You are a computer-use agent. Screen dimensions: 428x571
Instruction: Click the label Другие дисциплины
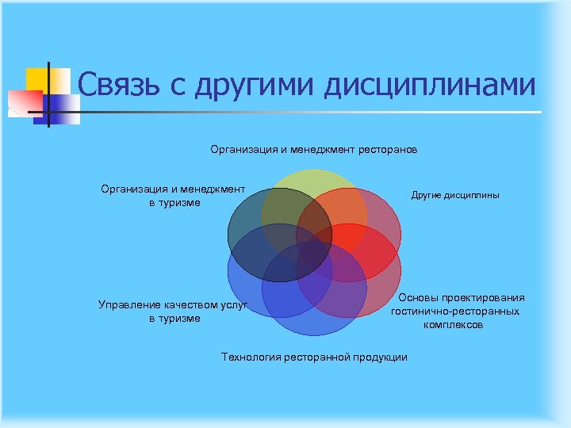coord(455,195)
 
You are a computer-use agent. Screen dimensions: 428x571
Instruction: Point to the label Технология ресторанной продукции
coord(314,357)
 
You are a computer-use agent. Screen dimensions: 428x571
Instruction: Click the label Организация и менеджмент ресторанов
coord(313,149)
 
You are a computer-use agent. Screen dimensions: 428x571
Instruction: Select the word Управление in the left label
coord(130,304)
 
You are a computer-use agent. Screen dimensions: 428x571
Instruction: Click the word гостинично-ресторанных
coord(455,311)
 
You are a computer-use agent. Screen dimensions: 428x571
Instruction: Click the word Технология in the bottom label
coord(249,357)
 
